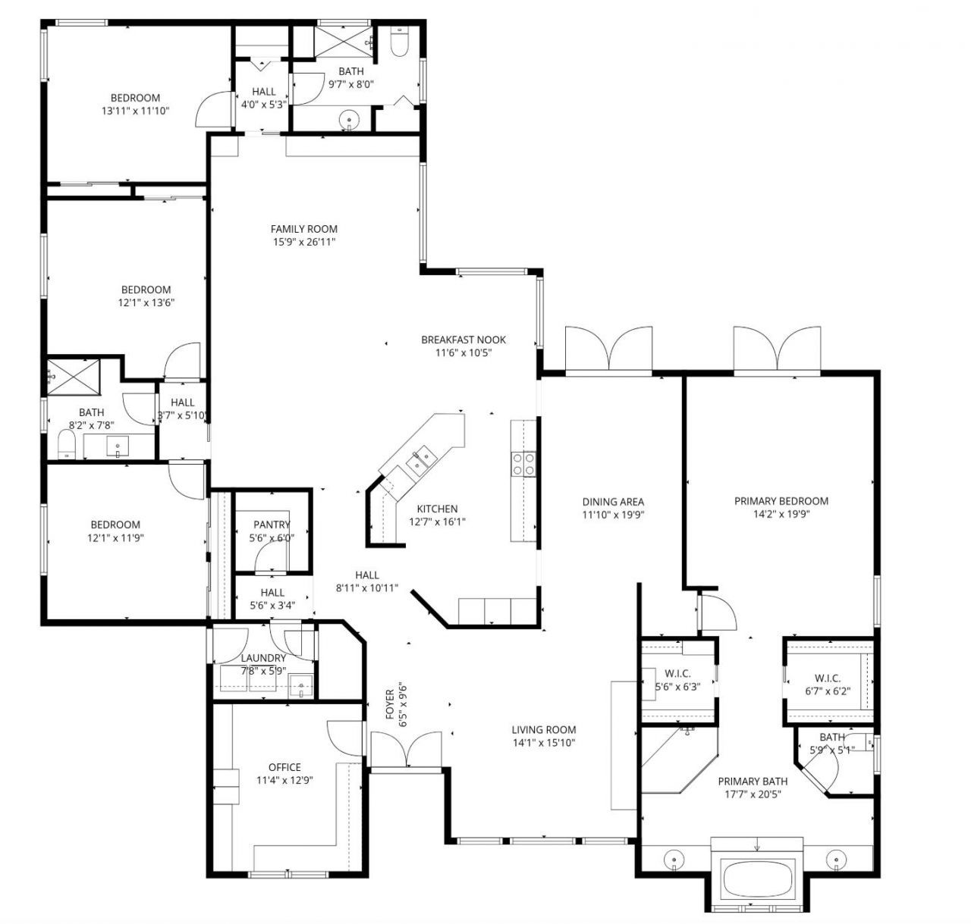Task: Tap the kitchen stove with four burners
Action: coord(523,463)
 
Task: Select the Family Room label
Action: coord(303,229)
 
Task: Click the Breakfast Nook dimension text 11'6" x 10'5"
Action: coord(464,352)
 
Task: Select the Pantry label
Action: coord(272,525)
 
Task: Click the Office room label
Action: coord(284,767)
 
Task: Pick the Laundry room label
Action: coord(263,658)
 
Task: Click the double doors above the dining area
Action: coord(609,349)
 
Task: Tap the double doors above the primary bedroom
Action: coord(776,349)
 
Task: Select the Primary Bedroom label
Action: coord(781,501)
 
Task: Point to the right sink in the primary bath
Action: coord(836,859)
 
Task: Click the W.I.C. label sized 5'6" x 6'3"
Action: coord(677,674)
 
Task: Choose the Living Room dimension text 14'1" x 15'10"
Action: coord(543,743)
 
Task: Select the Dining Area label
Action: coord(613,502)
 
